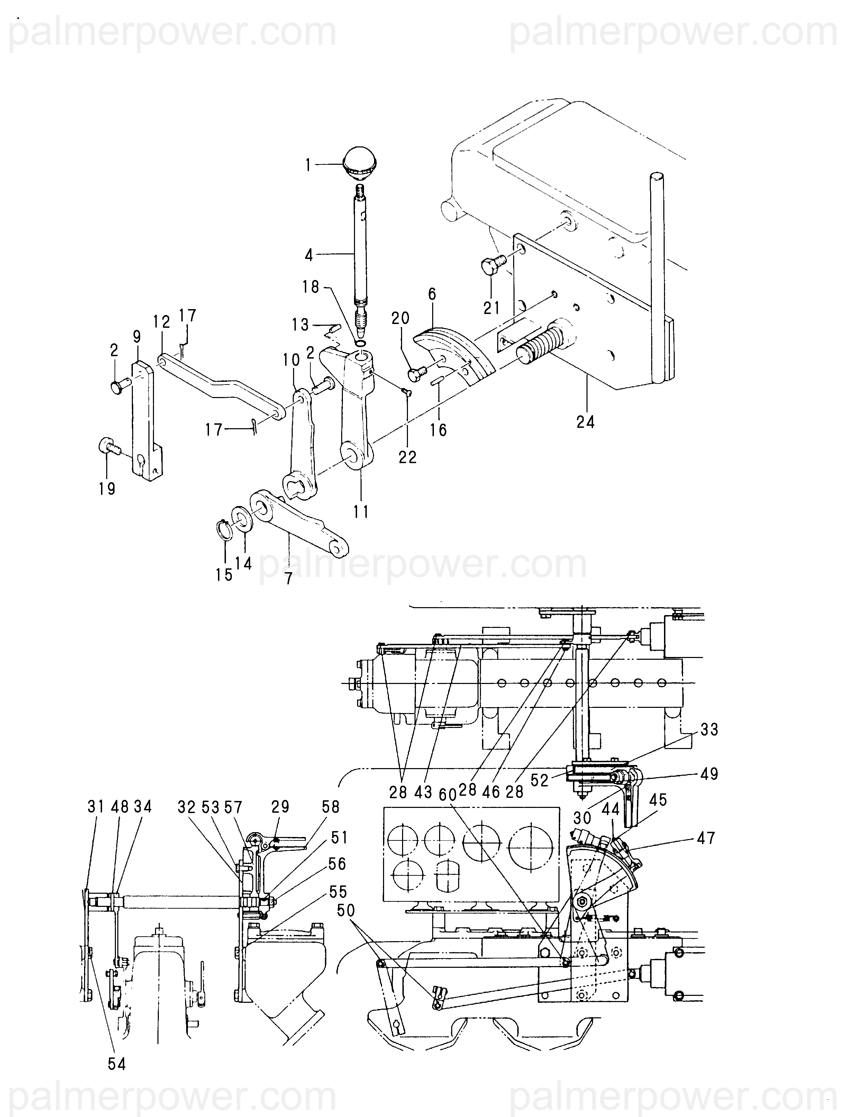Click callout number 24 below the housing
pos(585,421)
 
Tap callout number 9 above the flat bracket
pos(137,337)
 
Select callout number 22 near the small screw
pos(407,457)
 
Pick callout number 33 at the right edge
pos(709,729)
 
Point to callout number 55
pos(338,892)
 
